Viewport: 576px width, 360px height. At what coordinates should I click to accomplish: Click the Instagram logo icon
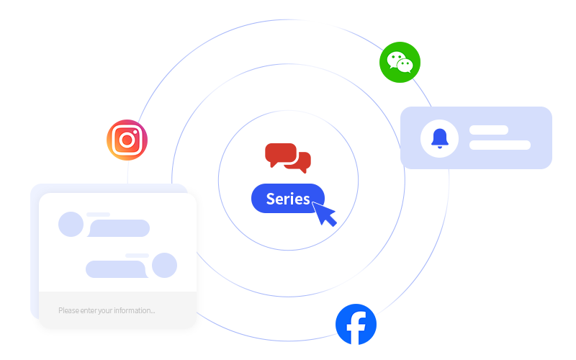[127, 140]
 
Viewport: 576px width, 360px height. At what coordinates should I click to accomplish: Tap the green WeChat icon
[400, 62]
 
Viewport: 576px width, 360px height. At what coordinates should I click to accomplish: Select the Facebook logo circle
[356, 324]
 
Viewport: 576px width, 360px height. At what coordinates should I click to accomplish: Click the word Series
[288, 199]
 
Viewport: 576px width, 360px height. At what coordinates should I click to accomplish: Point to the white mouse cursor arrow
[323, 214]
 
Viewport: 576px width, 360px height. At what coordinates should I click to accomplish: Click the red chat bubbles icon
[287, 156]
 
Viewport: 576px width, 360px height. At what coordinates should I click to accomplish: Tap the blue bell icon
[439, 138]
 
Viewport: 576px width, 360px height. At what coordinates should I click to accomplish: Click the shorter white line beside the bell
[489, 130]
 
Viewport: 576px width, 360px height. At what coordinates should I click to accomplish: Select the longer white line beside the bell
[500, 145]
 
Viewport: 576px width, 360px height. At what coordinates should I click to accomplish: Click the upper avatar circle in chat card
[71, 224]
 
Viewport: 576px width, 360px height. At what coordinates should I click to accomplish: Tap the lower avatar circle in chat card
[164, 265]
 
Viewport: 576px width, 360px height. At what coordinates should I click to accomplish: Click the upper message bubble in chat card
[118, 228]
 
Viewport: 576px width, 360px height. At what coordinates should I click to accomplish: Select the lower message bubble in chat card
[117, 269]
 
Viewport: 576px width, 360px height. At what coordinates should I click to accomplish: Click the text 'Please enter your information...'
[107, 310]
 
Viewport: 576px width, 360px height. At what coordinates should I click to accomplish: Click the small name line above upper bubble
[98, 214]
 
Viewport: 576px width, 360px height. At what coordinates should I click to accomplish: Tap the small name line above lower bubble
[137, 255]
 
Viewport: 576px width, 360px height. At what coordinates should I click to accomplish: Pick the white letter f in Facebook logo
[356, 328]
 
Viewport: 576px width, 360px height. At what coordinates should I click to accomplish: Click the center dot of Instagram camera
[127, 140]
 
